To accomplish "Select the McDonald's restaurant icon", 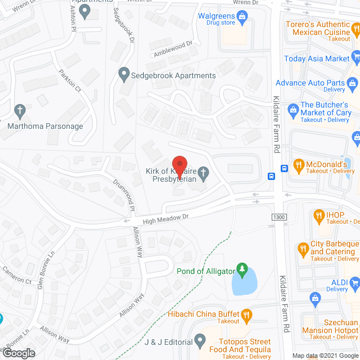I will point(298,166).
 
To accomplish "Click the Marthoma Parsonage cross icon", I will point(20,110).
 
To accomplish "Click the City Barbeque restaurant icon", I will point(303,246).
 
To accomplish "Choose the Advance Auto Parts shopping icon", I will point(352,83).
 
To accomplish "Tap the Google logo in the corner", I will point(18,353).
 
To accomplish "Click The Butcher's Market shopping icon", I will point(292,109).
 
